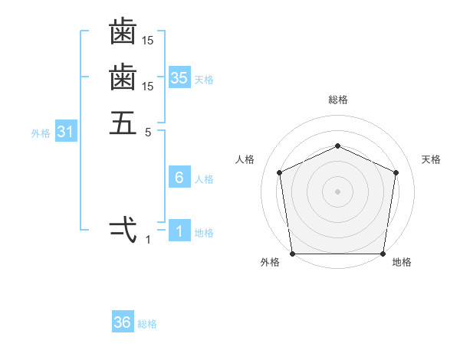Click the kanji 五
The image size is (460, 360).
[x=123, y=123]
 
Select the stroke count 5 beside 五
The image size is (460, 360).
[x=148, y=133]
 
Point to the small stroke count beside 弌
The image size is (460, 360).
[x=148, y=240]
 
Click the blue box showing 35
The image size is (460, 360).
[x=179, y=78]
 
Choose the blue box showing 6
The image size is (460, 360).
[x=179, y=178]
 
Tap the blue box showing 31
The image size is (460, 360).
[x=65, y=132]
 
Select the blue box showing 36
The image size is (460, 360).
[x=123, y=322]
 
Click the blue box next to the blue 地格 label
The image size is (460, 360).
[x=179, y=231]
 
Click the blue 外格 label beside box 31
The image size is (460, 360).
[x=41, y=133]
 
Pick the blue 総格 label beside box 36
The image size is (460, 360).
[x=147, y=324]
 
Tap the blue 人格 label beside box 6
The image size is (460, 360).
[x=204, y=179]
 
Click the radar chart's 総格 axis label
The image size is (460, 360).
[x=338, y=100]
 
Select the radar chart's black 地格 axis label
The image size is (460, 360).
[x=402, y=262]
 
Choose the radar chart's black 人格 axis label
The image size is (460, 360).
[x=245, y=159]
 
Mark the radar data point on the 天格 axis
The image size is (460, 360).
[x=396, y=172]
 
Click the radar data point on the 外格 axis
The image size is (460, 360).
[x=293, y=254]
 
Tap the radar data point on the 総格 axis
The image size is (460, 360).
[x=338, y=146]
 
